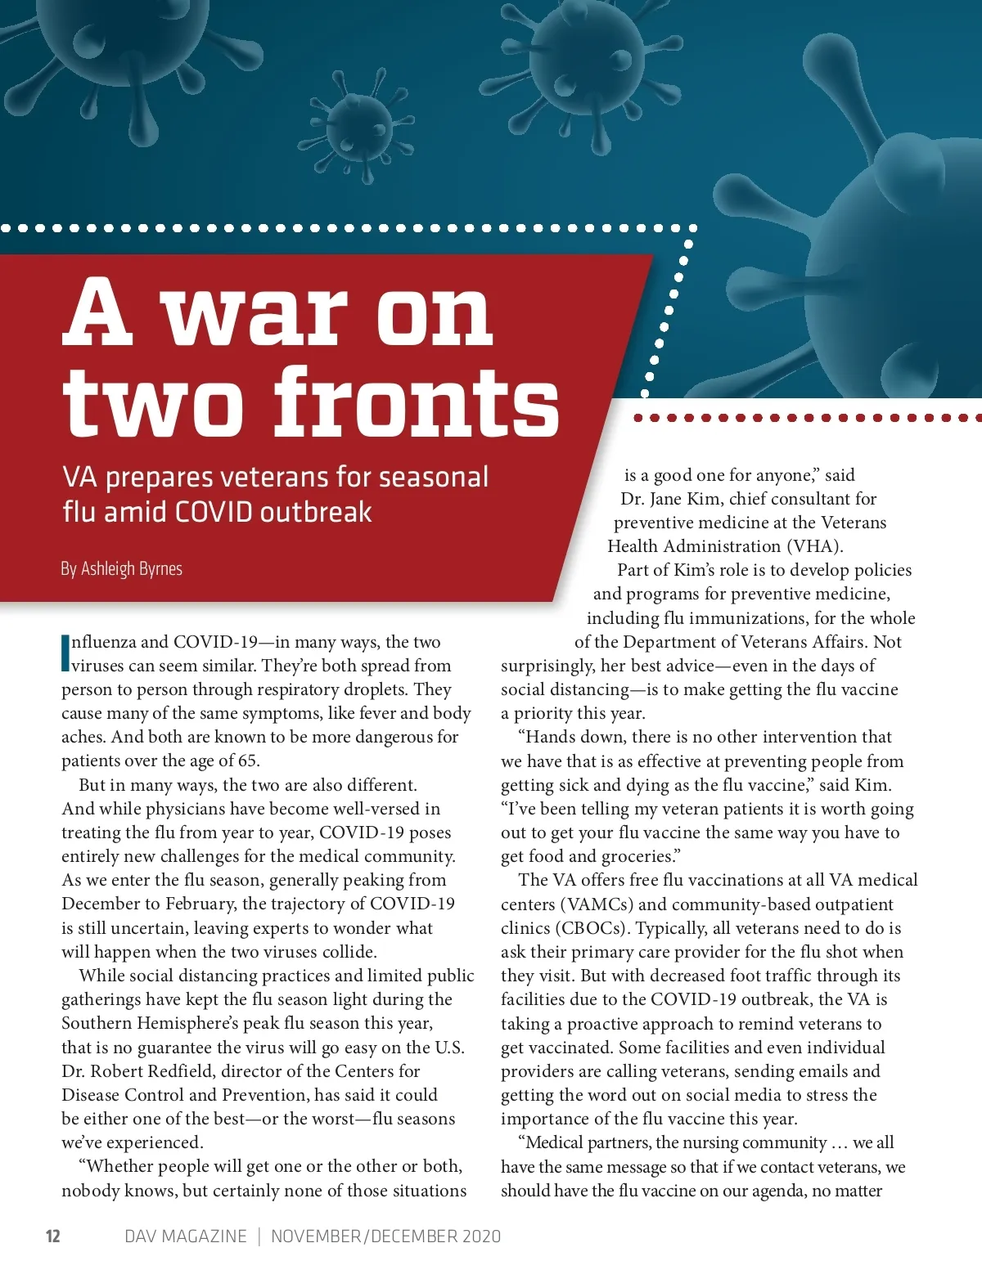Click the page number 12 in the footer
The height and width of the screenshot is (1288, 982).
click(53, 1236)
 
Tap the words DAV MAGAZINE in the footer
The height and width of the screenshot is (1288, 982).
click(185, 1236)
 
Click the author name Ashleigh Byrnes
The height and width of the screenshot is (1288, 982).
click(132, 568)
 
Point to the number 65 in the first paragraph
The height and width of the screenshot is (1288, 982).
click(247, 761)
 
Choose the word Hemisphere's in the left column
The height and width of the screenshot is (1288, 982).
click(208, 1023)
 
